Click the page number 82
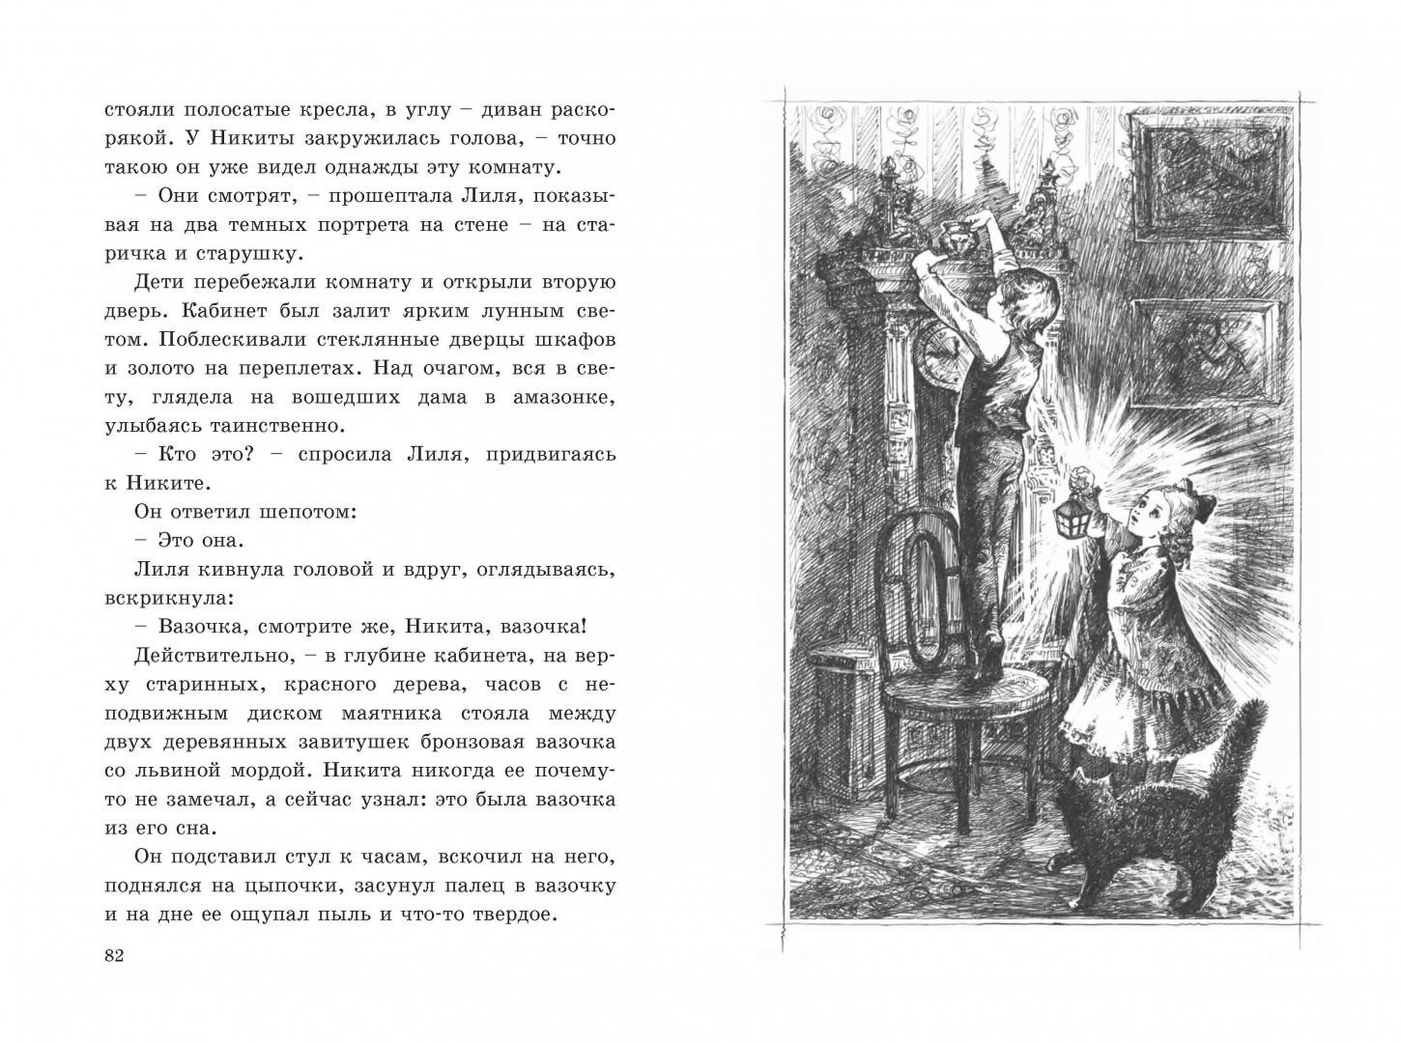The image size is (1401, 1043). pos(113,955)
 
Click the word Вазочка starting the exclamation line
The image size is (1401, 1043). pos(180,626)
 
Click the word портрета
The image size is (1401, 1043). pos(413,225)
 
